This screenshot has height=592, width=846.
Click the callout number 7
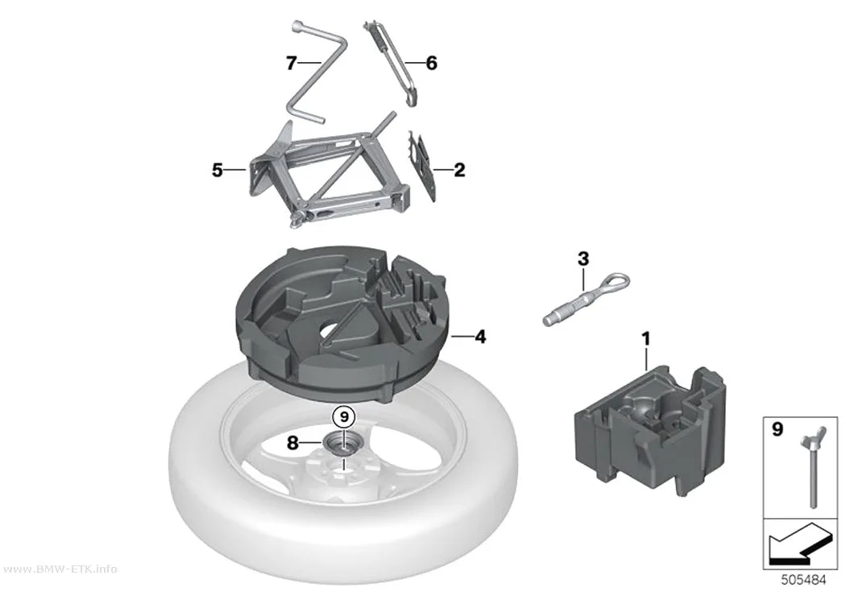point(292,64)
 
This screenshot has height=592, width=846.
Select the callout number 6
point(431,63)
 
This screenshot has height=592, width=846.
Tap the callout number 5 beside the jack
point(217,171)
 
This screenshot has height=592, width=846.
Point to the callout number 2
point(459,170)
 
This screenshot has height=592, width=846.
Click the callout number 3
point(583,259)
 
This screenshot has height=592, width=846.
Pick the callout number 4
point(479,337)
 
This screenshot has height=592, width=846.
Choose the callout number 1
point(646,339)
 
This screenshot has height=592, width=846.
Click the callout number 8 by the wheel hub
point(292,443)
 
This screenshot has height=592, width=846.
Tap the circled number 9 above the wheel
point(344,416)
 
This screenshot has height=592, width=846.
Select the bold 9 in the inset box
point(778,429)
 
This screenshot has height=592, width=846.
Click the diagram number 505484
point(803,580)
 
